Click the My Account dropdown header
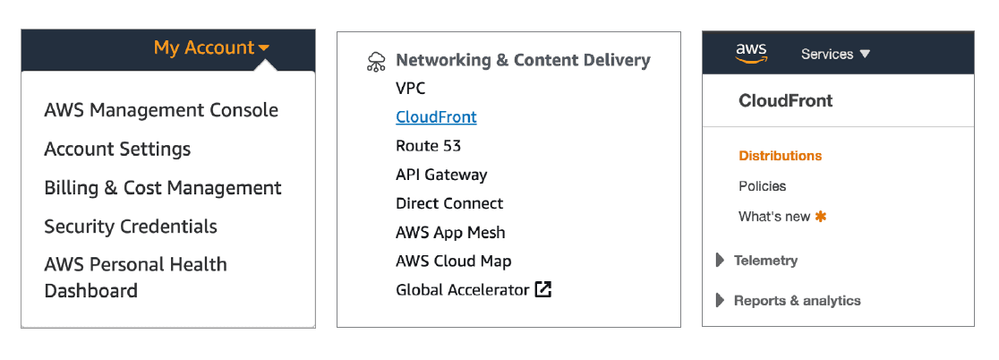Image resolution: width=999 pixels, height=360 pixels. coord(204,48)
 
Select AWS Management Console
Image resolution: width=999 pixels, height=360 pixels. coord(161,110)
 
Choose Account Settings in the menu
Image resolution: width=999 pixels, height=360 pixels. coord(117,149)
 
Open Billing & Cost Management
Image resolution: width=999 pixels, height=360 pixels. coord(163,188)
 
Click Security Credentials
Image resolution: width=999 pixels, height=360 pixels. coord(131,227)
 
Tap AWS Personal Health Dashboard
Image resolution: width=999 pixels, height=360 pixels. coord(135,277)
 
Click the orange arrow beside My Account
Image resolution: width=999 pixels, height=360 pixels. coord(263,48)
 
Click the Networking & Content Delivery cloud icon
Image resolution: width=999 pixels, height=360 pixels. coord(377,62)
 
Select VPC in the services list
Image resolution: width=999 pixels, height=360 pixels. coord(411,89)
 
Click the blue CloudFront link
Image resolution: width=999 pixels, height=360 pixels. coord(436,117)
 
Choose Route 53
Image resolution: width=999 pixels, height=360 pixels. coord(429,146)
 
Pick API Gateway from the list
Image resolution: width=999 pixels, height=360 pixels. coord(441,175)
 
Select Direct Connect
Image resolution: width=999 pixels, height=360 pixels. coord(449,203)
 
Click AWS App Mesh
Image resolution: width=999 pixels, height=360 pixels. coord(450,232)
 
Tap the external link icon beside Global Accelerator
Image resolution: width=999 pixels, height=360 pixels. coord(543,289)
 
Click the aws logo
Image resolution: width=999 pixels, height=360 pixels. coord(751,54)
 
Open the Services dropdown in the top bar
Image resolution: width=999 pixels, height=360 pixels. coord(835,55)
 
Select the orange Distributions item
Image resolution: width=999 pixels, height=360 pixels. coord(780,156)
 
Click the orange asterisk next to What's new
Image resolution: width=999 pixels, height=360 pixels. coord(821,216)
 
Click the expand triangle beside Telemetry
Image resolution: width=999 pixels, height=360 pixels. coord(721,261)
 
